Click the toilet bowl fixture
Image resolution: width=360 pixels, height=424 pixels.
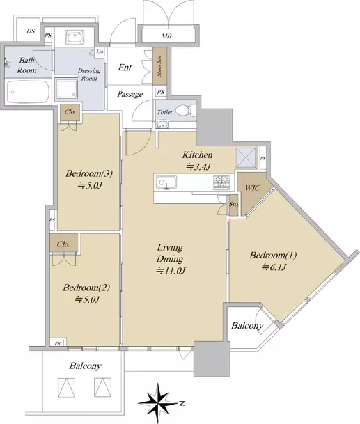(186, 110)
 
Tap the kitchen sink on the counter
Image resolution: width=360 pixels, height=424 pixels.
(166, 182)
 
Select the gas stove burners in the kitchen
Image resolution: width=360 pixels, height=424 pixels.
(222, 182)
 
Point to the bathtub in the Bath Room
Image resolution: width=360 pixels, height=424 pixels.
(28, 91)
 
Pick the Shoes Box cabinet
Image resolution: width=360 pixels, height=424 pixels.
(159, 67)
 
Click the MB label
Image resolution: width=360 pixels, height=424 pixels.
(166, 36)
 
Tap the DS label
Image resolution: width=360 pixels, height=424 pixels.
(31, 31)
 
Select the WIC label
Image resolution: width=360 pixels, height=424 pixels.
(253, 188)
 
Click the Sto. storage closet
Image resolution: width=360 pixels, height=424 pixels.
(234, 205)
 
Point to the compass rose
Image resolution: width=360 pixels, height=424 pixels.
(159, 403)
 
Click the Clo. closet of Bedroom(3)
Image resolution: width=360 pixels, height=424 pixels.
(70, 112)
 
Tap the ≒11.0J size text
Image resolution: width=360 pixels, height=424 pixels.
(171, 271)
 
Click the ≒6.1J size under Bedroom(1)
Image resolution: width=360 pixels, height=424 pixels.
(274, 267)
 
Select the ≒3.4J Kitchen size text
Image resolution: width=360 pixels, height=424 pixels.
(198, 167)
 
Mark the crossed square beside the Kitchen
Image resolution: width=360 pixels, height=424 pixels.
(246, 157)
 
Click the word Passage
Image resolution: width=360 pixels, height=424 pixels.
(130, 95)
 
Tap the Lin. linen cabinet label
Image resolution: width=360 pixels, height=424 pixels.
(100, 52)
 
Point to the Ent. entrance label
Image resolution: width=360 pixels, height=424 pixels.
(126, 68)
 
